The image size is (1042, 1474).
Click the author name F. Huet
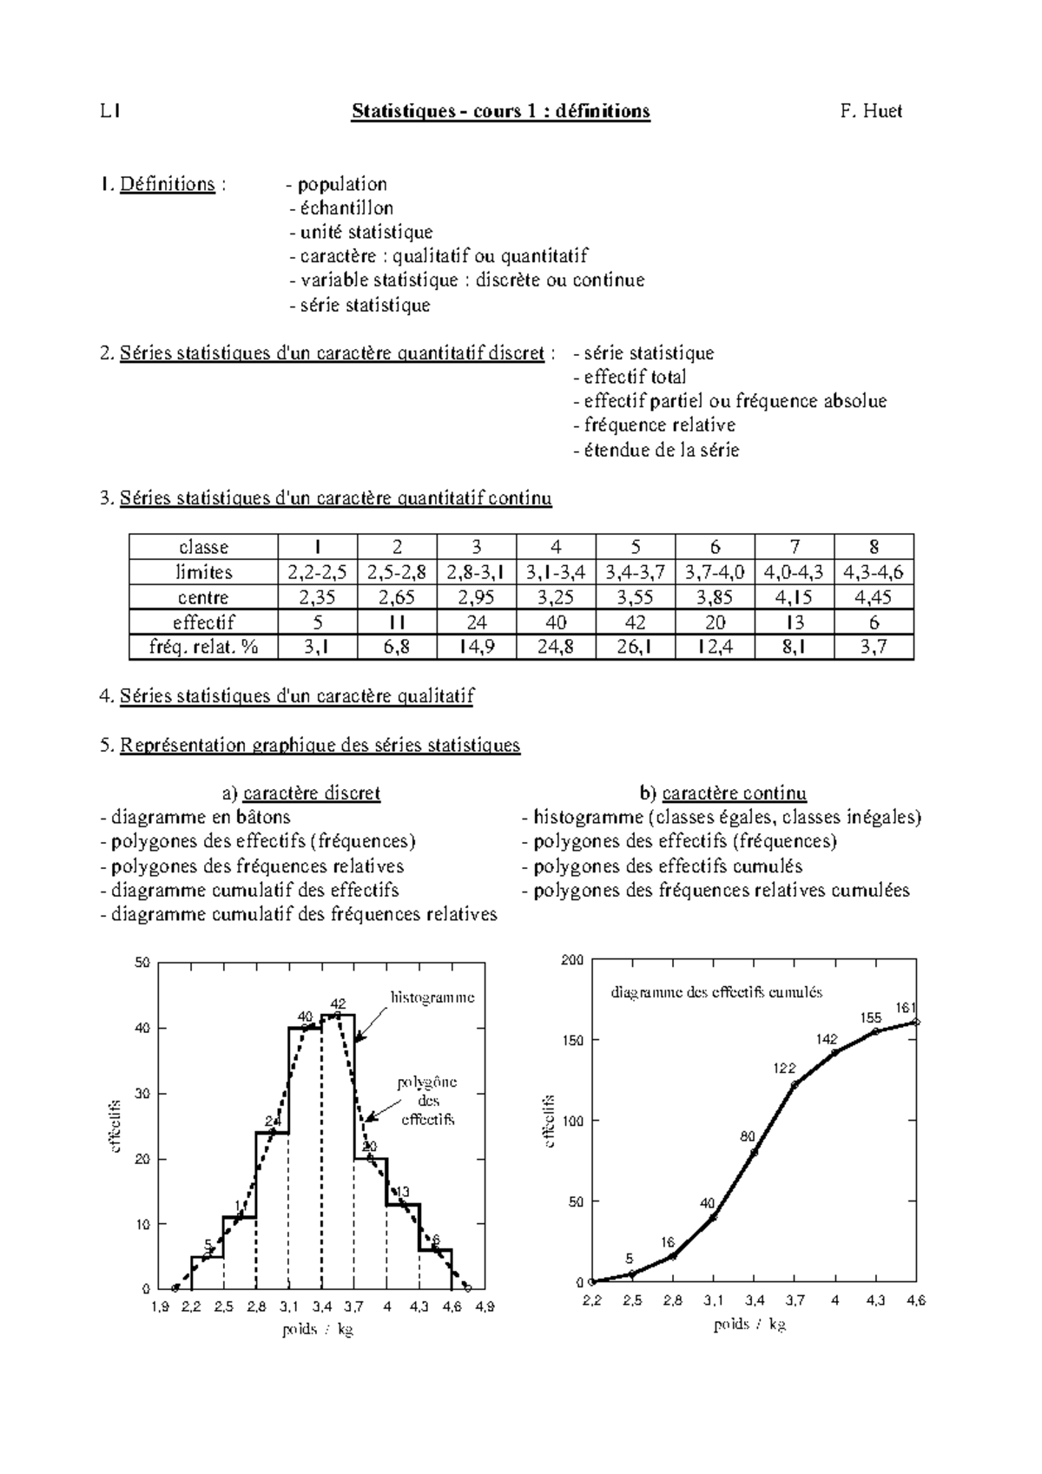click(871, 111)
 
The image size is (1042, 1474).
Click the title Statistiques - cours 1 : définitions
click(500, 111)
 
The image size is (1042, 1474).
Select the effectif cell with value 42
click(635, 622)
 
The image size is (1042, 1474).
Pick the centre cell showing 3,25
click(556, 597)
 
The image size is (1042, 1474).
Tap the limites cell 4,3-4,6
click(873, 572)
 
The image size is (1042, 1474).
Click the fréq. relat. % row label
click(203, 647)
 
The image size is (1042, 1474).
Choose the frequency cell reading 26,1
click(635, 647)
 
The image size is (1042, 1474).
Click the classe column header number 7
click(794, 547)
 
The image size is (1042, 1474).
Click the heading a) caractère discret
click(300, 793)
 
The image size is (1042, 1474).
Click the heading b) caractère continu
click(722, 793)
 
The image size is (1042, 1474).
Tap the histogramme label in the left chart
click(432, 997)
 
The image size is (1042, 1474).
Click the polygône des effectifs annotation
click(427, 1101)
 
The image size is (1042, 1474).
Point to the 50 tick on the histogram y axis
click(142, 963)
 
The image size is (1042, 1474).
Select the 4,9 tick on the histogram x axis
click(485, 1306)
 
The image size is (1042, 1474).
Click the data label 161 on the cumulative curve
click(906, 1008)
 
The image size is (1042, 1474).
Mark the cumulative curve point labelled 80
click(754, 1152)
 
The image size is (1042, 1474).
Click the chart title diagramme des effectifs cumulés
click(716, 992)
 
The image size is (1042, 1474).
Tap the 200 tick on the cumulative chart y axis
click(571, 960)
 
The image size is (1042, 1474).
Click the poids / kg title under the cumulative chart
click(749, 1325)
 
